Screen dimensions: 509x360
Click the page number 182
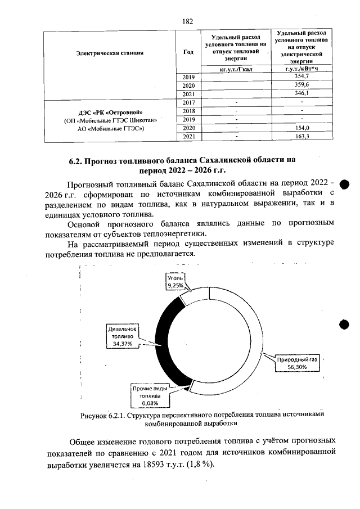pos(188,21)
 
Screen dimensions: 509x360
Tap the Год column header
pos(188,52)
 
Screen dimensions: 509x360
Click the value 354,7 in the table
pos(301,76)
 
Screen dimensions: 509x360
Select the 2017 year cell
pos(189,102)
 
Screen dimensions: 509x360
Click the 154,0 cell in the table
pos(302,128)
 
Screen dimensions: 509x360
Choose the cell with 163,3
pos(302,136)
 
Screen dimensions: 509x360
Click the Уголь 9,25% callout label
pos(177,282)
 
